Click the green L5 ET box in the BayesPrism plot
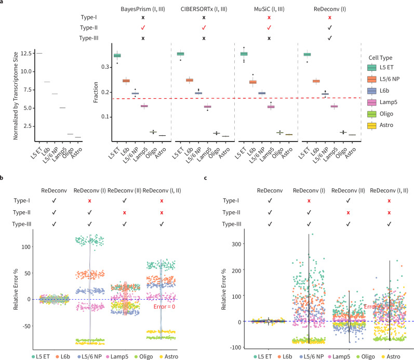tap(117, 56)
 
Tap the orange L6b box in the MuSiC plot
tap(268, 82)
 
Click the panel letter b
tap(3, 177)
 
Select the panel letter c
tap(206, 177)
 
